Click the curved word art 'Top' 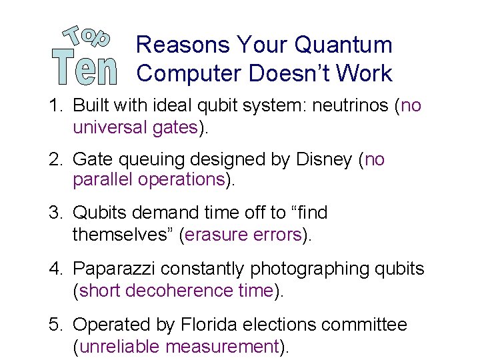tap(86, 36)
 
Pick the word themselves tap(122, 235)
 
